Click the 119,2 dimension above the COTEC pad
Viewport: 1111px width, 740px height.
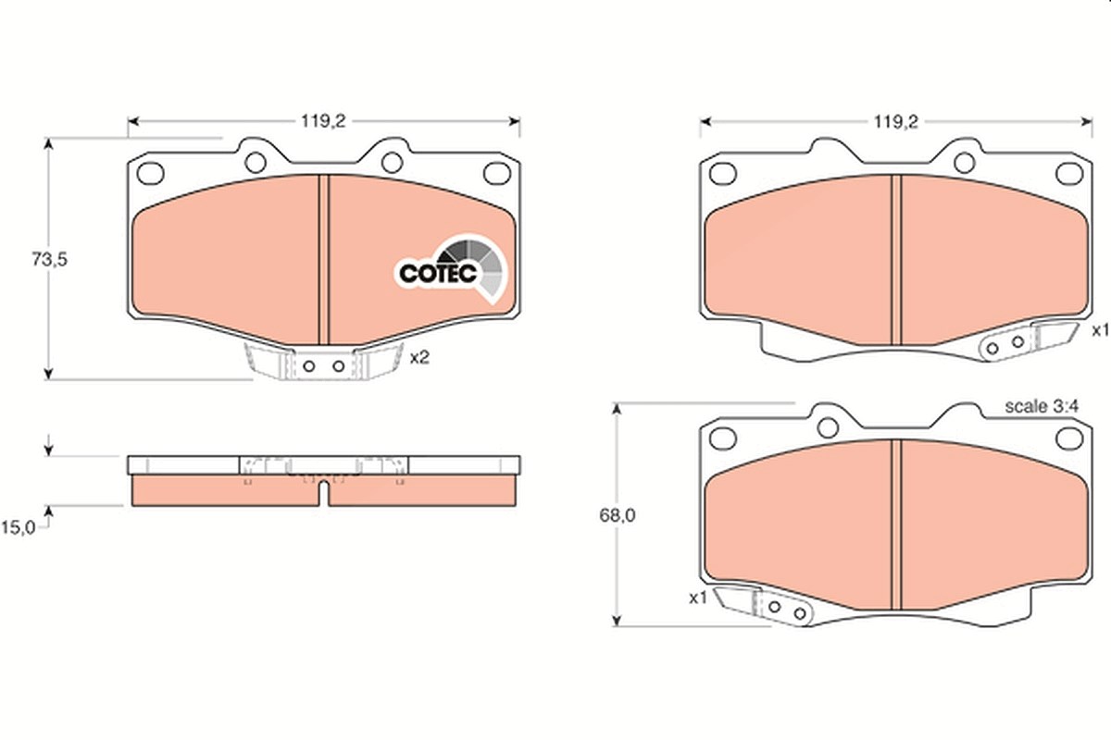[323, 121]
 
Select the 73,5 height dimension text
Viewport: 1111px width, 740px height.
[49, 259]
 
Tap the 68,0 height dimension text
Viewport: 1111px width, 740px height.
[617, 515]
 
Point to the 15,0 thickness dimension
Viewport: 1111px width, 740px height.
[19, 528]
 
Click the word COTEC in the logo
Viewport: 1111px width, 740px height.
[438, 273]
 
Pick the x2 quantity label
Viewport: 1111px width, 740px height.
[419, 357]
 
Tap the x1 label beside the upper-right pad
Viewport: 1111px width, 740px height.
[1101, 330]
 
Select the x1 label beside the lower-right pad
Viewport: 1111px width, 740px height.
[698, 598]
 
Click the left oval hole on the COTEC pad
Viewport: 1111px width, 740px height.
[151, 173]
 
